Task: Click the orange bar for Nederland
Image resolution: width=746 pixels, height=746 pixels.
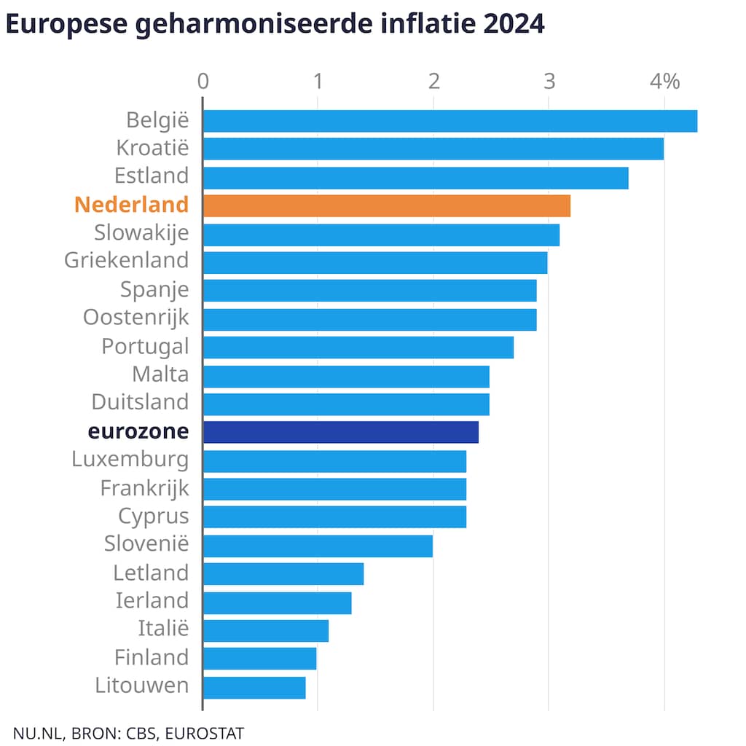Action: (386, 205)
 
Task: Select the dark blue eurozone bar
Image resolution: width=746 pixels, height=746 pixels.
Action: (341, 432)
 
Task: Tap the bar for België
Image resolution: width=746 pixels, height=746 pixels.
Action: (449, 121)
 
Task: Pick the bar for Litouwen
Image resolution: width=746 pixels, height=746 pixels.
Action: (254, 687)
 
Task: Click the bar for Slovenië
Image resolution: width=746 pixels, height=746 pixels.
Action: (318, 546)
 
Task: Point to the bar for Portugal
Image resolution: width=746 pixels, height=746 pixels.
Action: (358, 348)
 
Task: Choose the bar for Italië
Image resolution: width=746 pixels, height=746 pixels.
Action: (266, 630)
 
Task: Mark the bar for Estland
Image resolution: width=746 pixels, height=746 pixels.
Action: (415, 178)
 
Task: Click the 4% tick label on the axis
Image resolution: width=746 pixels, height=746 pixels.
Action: (665, 82)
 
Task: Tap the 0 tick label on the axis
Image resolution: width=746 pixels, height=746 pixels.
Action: (203, 82)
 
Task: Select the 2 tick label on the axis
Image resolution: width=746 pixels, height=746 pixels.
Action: (433, 82)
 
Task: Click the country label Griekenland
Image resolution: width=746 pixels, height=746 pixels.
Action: (127, 260)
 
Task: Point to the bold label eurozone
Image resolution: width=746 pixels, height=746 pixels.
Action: (138, 431)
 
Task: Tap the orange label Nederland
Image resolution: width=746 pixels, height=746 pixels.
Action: (131, 205)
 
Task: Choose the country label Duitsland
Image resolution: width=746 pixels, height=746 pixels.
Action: (140, 402)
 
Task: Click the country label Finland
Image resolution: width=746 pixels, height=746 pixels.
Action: (152, 658)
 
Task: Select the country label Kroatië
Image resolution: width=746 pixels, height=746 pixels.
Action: (152, 148)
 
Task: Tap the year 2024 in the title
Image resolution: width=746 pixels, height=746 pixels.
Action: (513, 24)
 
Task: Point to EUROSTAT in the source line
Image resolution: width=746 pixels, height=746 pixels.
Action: (205, 732)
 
